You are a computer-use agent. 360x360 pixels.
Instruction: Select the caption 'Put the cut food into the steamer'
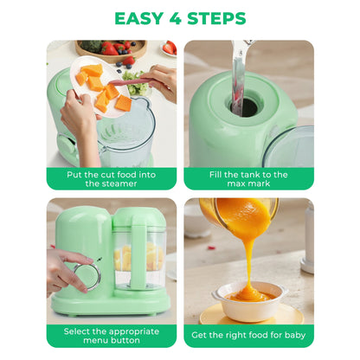(111, 178)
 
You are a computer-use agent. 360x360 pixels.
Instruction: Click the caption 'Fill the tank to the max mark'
(248, 178)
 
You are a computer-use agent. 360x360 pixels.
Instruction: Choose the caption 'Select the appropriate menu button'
(111, 336)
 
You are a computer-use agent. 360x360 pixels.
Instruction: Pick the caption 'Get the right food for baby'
(248, 336)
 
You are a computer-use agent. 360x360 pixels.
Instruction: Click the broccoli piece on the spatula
(136, 87)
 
